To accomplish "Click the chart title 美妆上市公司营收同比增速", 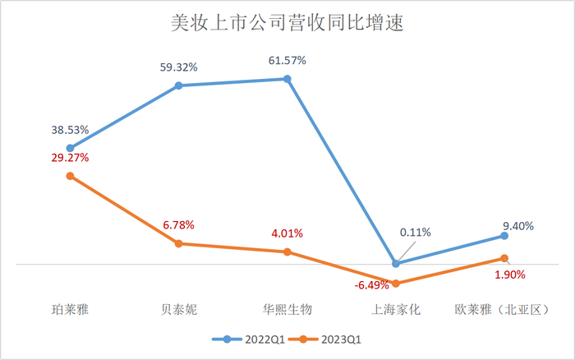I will (x=287, y=23).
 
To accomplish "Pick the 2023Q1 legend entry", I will (x=332, y=339).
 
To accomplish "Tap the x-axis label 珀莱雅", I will (x=70, y=309).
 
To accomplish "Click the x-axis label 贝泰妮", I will (x=178, y=309).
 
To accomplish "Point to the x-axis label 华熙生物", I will (x=287, y=309).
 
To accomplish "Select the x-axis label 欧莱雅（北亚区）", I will (x=503, y=309).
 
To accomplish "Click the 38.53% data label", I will (x=70, y=131).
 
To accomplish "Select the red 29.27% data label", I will (x=70, y=157).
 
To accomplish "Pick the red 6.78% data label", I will (x=178, y=224).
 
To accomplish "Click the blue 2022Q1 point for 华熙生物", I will (x=287, y=79).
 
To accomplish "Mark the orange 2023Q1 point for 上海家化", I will (x=396, y=284).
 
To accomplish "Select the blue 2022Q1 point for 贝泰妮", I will (x=178, y=85).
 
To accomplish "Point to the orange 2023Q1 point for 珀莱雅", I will (x=70, y=176).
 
